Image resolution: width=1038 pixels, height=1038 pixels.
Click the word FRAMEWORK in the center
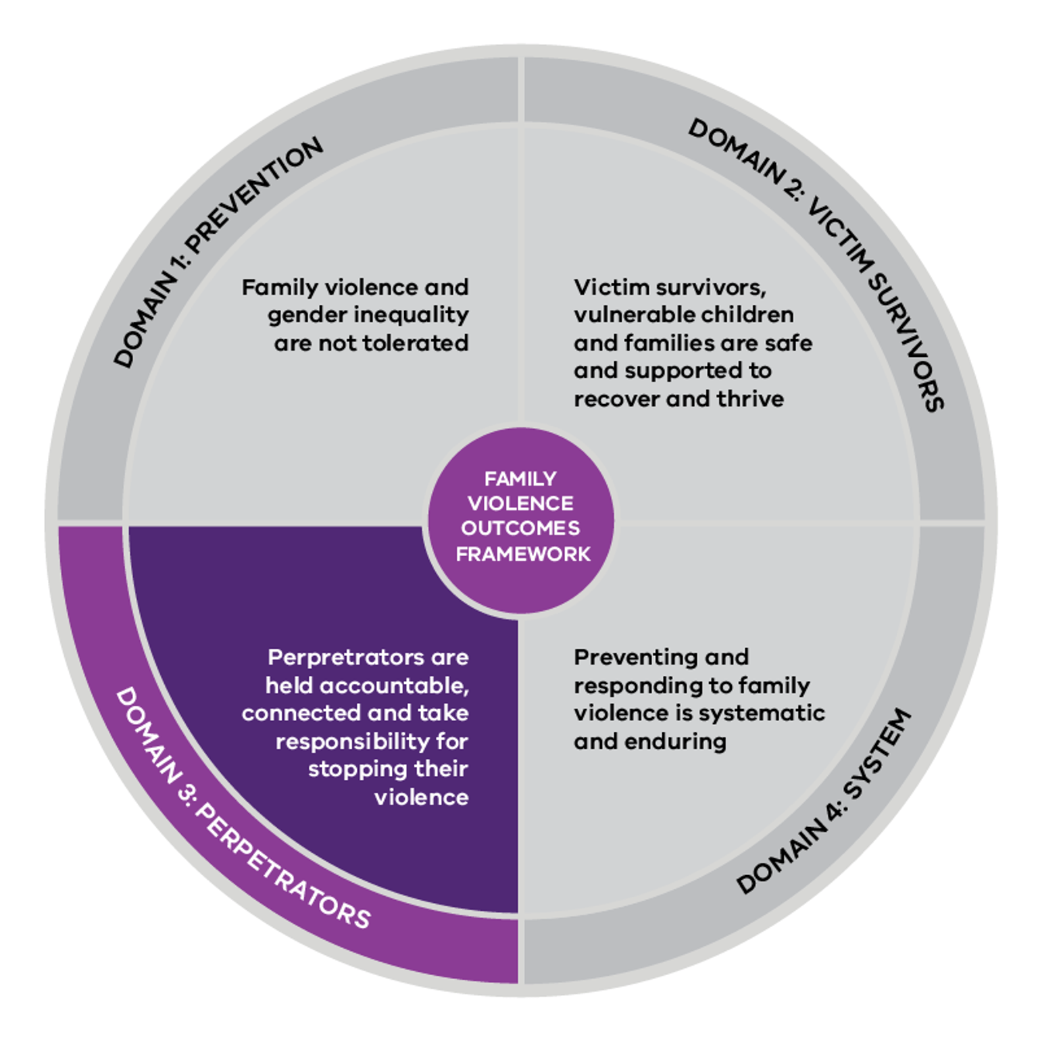523,554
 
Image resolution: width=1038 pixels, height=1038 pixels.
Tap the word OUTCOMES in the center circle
520,528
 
